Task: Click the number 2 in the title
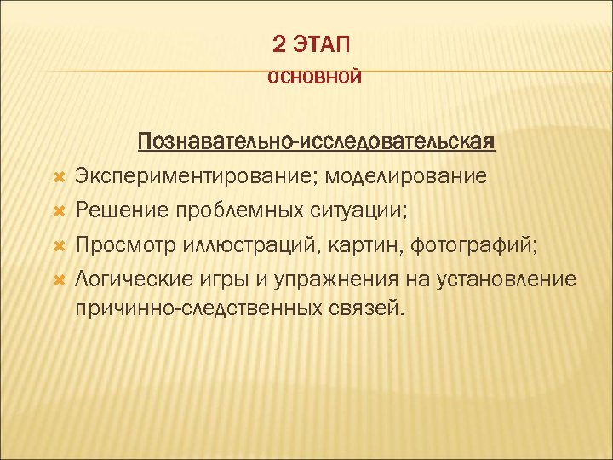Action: (x=281, y=42)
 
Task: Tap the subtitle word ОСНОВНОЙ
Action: (x=315, y=78)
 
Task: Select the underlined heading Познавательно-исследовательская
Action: (x=316, y=140)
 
